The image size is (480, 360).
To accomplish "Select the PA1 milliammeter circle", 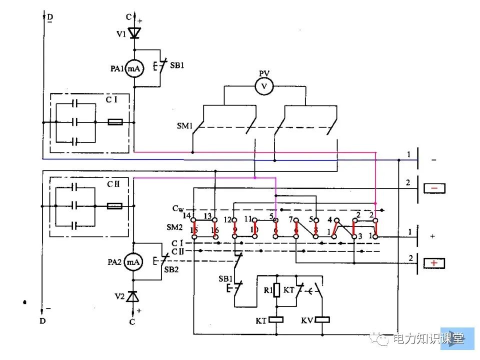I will [134, 68].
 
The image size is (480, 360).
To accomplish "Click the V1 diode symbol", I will [134, 33].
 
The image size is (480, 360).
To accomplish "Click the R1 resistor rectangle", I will [276, 290].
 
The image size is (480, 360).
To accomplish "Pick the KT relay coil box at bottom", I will [276, 319].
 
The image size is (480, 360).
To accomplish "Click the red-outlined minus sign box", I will [434, 188].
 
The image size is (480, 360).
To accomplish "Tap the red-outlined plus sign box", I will [434, 263].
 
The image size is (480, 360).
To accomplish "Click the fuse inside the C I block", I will [115, 122].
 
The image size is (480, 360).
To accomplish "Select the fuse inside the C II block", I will [115, 205].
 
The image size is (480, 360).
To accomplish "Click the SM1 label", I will [185, 125].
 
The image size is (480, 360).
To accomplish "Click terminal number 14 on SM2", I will [187, 216].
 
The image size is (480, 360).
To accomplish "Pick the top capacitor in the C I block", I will [75, 103].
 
